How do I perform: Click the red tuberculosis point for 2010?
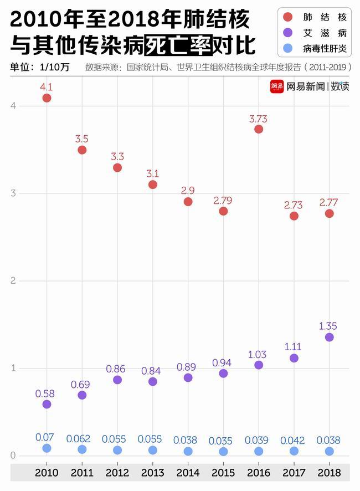coord(47,98)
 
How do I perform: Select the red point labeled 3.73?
coord(259,129)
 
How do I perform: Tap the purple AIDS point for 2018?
coord(329,337)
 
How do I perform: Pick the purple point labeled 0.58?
coord(47,404)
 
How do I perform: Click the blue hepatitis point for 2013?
coord(153,450)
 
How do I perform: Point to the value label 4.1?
coord(47,87)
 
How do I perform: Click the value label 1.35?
coord(328,326)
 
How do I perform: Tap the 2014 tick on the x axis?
coord(188,473)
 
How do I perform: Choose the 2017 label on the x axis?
coord(294,473)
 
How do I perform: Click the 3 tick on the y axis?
coord(13,193)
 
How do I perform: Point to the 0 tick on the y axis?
coord(13,456)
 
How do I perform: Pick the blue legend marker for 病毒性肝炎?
coord(288,49)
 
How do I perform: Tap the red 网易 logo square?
coord(277,86)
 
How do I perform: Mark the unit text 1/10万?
coord(54,68)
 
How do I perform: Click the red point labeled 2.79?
coord(223,211)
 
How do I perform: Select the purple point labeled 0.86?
coord(117,380)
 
